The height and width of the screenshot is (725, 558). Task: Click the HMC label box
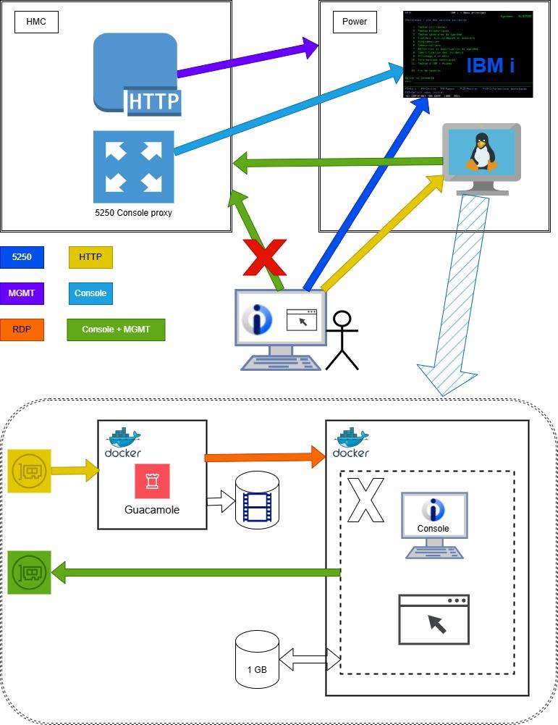click(36, 22)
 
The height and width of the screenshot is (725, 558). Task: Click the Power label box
click(354, 22)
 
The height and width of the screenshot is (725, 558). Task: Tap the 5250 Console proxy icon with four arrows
click(134, 167)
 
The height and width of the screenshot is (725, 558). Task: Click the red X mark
click(264, 256)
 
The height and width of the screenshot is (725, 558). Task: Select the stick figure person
click(342, 340)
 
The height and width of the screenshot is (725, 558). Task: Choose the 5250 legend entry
click(22, 257)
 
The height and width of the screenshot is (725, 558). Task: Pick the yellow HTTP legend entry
click(90, 257)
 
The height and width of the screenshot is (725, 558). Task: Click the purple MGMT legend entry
click(22, 293)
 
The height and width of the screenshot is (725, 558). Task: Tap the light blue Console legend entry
click(90, 293)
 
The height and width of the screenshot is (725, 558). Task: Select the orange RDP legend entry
click(22, 330)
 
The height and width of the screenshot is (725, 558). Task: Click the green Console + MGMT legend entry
click(116, 330)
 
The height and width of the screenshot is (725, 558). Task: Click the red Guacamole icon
click(152, 482)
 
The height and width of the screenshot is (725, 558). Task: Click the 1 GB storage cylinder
click(257, 659)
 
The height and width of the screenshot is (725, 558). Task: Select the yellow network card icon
click(29, 471)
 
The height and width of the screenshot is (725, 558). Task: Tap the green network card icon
click(29, 573)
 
